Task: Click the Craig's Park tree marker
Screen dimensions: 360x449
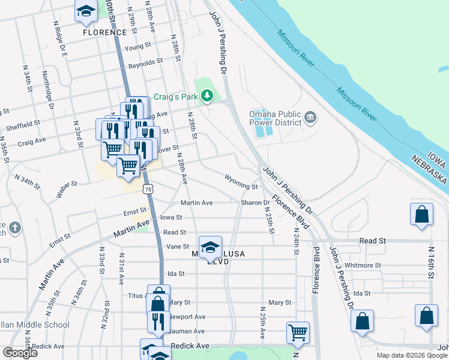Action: (207, 96)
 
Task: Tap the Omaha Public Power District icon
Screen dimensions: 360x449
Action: (310, 116)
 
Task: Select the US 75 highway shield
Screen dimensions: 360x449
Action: (148, 189)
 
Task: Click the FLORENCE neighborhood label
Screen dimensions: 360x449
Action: (105, 32)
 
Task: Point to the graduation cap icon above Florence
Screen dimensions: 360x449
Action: (86, 11)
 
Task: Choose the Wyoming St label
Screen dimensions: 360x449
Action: (241, 178)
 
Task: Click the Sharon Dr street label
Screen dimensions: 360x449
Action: (255, 203)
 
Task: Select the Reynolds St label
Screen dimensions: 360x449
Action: (146, 62)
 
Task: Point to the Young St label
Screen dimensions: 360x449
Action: (137, 47)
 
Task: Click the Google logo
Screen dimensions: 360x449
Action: (20, 353)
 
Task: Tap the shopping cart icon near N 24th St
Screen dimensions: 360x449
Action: (298, 331)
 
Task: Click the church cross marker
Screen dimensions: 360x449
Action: (15, 228)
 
